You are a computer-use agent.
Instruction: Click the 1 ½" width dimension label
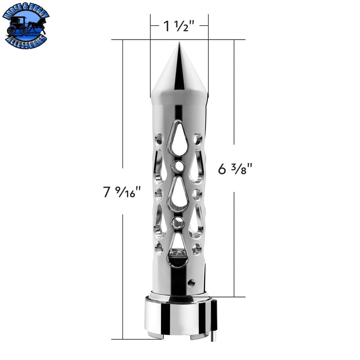179,26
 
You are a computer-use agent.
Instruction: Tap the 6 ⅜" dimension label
235,169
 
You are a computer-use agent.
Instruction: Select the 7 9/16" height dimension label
121,192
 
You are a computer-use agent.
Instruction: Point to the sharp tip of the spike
179,42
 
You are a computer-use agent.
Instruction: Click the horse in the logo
37,25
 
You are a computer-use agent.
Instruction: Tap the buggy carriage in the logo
18,26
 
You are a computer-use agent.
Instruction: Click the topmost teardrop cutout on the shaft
178,137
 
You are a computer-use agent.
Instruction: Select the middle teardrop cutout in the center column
178,194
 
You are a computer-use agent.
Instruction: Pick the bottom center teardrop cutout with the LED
178,251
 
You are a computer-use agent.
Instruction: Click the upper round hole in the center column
178,166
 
